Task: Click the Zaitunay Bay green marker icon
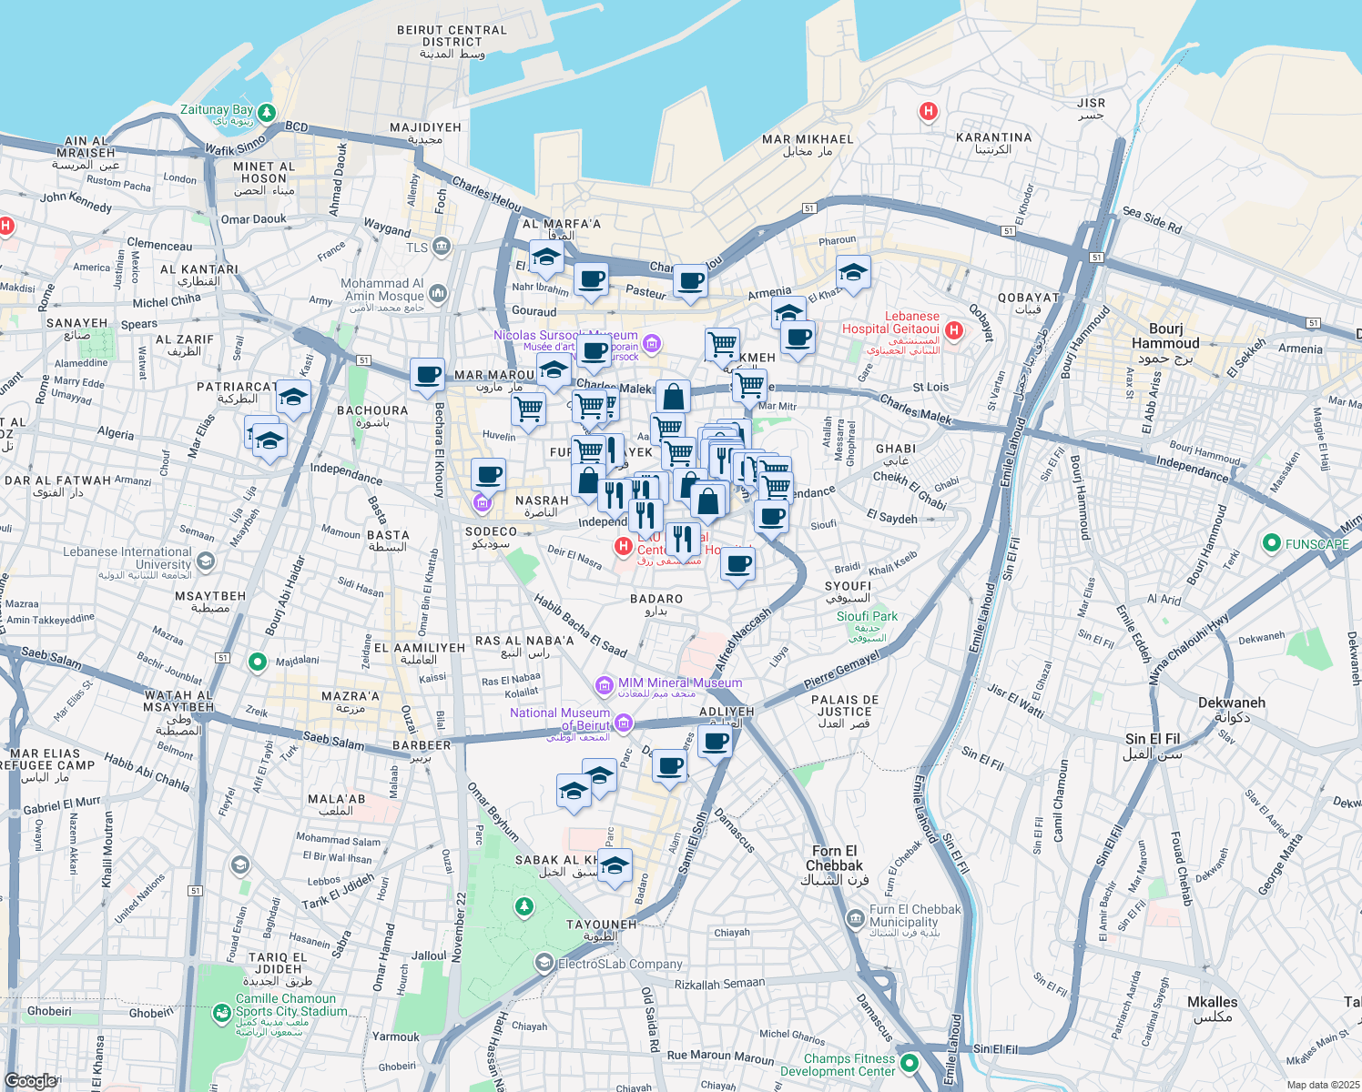click(x=266, y=113)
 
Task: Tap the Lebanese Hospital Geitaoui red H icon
click(x=953, y=330)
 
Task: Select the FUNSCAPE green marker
click(x=1272, y=543)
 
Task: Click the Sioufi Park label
click(x=867, y=616)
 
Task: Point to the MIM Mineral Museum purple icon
click(x=604, y=684)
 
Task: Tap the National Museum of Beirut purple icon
click(x=623, y=724)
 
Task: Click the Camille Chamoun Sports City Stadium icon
click(x=221, y=1012)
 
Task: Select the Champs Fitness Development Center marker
click(x=909, y=1063)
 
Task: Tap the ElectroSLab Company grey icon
click(x=544, y=963)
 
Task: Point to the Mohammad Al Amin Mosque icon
click(x=438, y=293)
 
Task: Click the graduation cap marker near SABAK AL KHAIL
click(x=615, y=865)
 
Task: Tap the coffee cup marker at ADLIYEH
click(x=717, y=742)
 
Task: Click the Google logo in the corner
click(x=31, y=1080)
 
